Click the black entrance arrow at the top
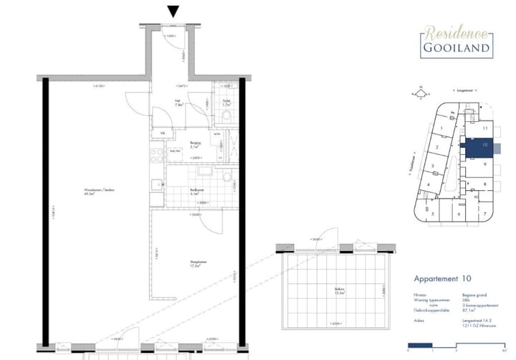tap(173, 11)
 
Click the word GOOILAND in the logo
tap(455, 49)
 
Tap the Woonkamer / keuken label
tap(100, 191)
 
